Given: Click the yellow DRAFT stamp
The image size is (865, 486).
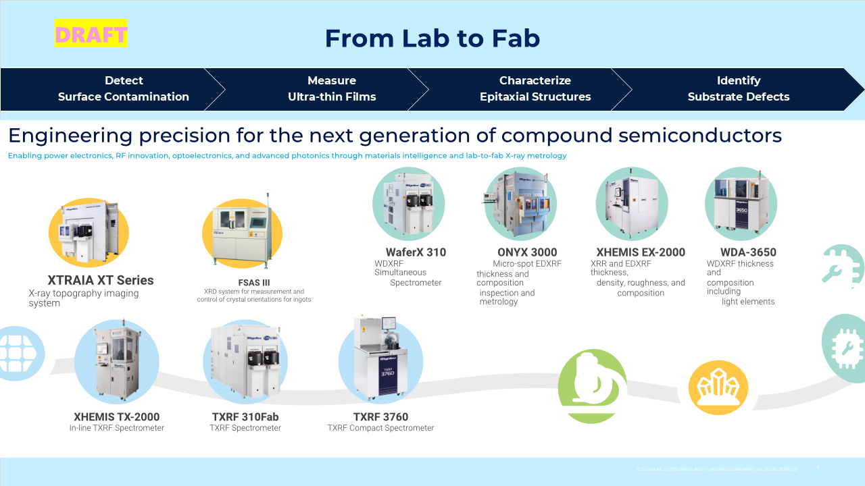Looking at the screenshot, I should click(91, 34).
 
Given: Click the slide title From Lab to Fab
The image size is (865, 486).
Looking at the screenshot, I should click(432, 38).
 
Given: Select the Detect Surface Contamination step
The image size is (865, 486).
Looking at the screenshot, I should click(123, 88).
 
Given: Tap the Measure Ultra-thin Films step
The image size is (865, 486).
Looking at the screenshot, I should click(332, 88).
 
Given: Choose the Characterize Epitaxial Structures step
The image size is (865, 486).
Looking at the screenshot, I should click(535, 88).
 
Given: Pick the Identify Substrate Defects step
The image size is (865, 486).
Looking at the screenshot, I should click(739, 88).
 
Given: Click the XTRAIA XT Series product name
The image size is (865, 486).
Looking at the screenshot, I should click(101, 280).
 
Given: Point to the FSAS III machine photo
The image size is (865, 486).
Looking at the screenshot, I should click(241, 233).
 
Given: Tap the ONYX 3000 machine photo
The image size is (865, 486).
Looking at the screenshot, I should click(520, 204).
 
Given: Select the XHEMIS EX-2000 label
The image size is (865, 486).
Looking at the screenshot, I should click(641, 252).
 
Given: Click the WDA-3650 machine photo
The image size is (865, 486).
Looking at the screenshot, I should click(741, 204).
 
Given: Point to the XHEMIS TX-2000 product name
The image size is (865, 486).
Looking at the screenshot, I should click(117, 416).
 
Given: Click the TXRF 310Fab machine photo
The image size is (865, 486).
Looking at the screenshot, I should click(245, 362).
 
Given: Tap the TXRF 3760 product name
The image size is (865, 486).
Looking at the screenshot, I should click(380, 416).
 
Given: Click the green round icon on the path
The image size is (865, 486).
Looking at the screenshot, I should click(593, 386).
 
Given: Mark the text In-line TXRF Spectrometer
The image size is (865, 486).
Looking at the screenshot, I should click(117, 428).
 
